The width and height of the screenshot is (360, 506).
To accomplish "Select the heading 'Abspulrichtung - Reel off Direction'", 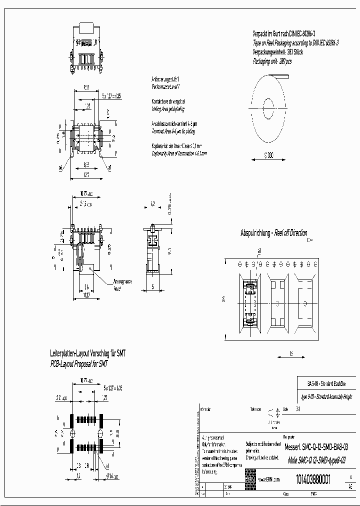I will (273, 233).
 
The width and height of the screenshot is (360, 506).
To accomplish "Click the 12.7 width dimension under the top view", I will (87, 174).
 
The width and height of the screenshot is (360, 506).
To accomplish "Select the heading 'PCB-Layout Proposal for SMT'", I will (79, 363).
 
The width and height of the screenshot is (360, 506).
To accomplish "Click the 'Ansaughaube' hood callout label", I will (122, 281).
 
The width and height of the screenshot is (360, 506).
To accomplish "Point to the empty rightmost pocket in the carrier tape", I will (304, 303).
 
